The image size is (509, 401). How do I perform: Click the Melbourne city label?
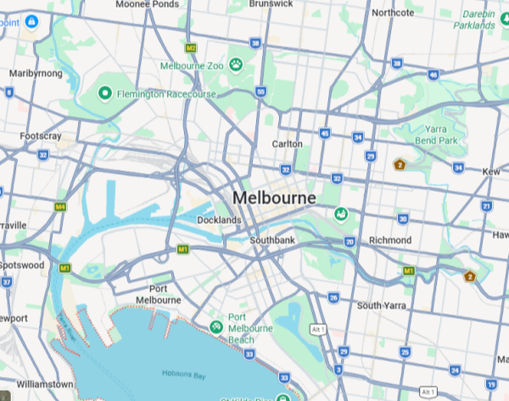(x=274, y=198)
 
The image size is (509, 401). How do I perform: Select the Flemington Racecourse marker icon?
(x=106, y=92)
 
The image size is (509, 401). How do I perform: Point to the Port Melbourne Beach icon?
(x=217, y=326)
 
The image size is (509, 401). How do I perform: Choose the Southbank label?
(x=272, y=241)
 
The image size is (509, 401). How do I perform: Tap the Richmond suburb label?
(x=390, y=241)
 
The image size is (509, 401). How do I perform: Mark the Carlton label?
(x=287, y=144)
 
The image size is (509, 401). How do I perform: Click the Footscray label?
(x=41, y=136)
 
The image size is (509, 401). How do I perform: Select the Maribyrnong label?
(x=36, y=74)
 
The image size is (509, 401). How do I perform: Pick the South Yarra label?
(x=382, y=305)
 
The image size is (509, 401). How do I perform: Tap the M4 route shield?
(x=59, y=206)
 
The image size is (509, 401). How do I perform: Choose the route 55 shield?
(x=260, y=92)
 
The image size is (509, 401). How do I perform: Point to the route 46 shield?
(x=433, y=75)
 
